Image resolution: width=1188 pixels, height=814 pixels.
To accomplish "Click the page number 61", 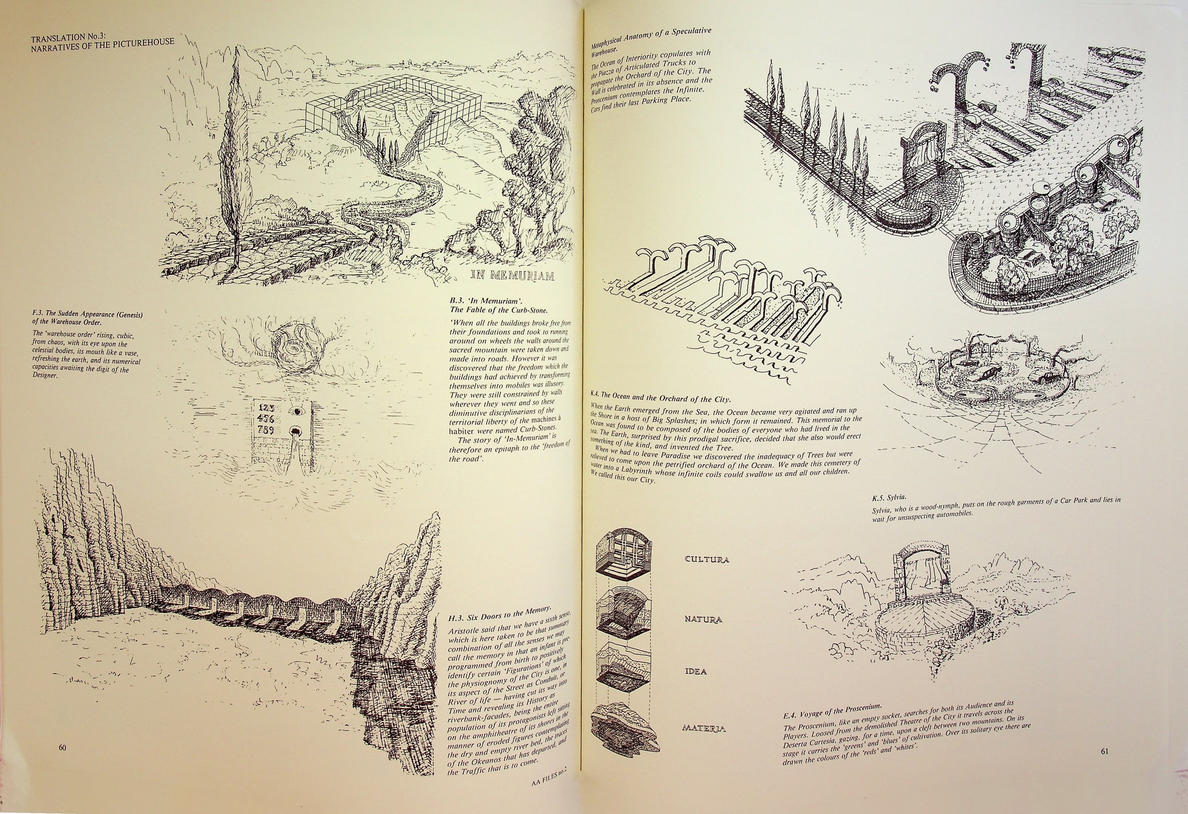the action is coord(1104,751).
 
